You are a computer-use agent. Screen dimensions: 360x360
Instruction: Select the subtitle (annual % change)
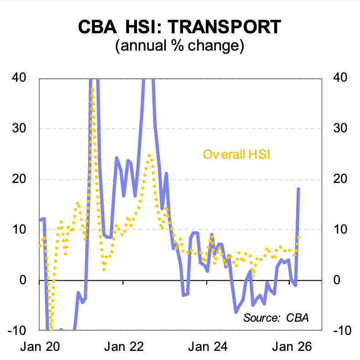180,46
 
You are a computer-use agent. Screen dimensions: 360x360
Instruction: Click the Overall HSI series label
237,154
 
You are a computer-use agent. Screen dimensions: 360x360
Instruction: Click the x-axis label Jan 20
40,346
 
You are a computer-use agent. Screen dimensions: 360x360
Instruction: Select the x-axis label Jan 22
124,346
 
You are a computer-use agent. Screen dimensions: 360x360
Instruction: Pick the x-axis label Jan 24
208,346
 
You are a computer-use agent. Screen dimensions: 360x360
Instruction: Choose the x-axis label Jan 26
292,346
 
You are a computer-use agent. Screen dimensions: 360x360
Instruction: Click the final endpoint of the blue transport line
298,188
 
